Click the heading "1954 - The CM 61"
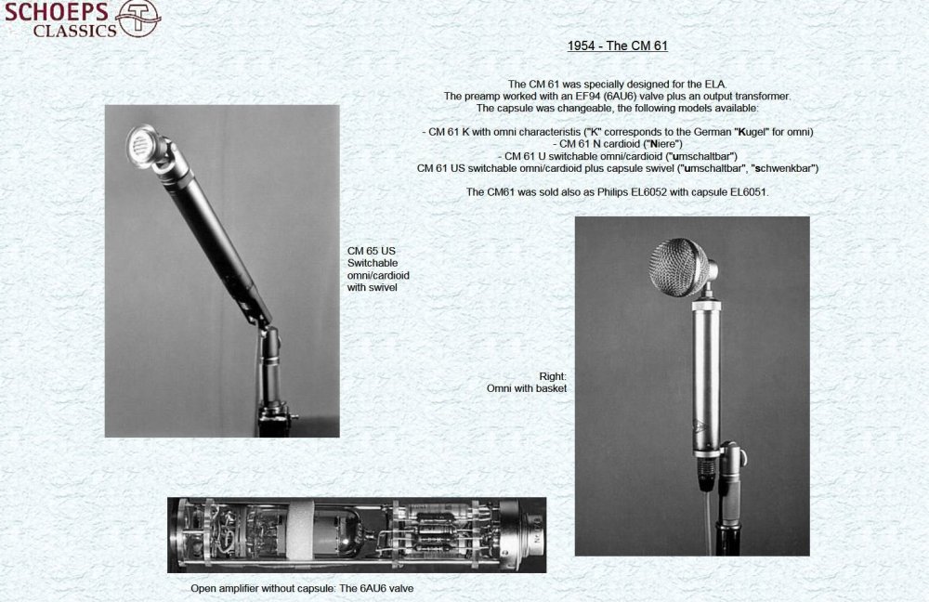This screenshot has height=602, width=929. (618, 46)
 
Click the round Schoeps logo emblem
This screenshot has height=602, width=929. (138, 18)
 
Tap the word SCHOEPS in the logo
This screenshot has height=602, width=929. (57, 12)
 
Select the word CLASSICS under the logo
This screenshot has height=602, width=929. (74, 31)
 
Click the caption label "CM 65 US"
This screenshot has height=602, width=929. (372, 251)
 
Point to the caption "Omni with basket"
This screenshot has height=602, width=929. (527, 388)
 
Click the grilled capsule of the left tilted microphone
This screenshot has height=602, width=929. (142, 145)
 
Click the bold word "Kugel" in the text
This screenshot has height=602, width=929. (751, 132)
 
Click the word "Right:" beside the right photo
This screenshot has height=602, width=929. (553, 376)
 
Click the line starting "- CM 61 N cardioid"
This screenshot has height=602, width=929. (618, 144)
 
